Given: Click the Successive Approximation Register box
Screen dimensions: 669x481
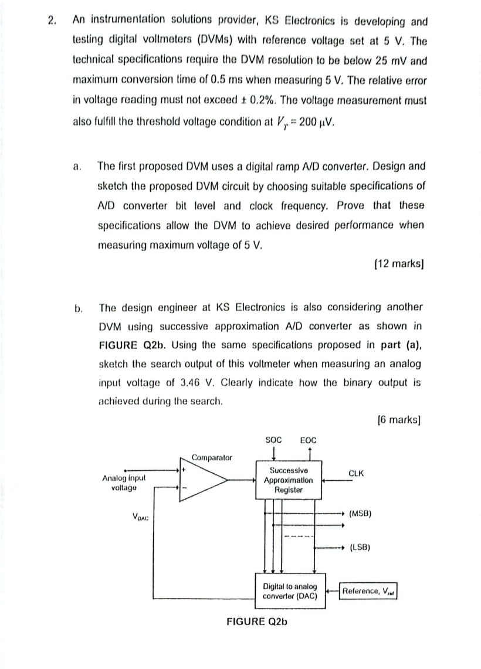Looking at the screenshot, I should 288,480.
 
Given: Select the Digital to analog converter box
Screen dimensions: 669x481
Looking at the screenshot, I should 290,591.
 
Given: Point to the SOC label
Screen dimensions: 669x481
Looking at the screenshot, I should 273,440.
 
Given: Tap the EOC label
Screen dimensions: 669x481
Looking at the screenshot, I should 308,440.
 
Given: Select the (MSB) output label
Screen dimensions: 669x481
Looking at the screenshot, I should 361,514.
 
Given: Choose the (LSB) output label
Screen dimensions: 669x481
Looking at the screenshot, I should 361,548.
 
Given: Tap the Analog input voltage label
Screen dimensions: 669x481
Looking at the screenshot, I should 124,483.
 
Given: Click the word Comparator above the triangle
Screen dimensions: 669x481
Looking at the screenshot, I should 212,457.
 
